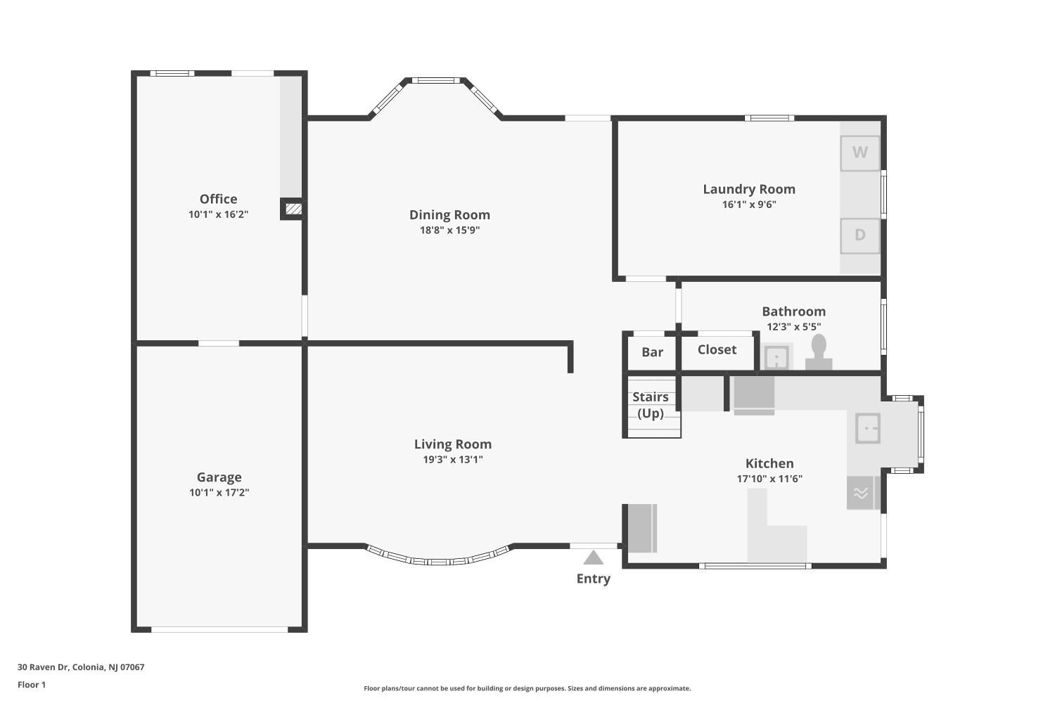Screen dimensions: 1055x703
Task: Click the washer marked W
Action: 860,153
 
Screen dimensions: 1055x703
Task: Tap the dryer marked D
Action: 860,236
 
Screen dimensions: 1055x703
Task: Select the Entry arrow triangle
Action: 593,557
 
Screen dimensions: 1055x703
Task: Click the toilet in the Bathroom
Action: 819,351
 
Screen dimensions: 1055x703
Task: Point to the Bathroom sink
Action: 776,357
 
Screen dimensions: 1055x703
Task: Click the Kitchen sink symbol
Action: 867,428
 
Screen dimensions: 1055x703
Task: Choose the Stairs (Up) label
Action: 651,405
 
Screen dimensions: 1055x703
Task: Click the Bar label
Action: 652,351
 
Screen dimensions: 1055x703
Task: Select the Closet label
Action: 717,349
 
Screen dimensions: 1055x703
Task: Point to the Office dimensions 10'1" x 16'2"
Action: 219,214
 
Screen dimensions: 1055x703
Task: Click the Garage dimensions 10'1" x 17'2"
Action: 219,493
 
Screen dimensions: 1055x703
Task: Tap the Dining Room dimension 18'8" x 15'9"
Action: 450,231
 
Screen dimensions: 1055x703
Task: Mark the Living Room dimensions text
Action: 453,460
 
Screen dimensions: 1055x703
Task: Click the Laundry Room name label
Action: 749,189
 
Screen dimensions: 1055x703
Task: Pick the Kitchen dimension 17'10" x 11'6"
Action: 769,479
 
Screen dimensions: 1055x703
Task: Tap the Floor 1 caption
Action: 32,685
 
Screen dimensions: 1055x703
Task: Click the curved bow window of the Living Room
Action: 438,561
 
